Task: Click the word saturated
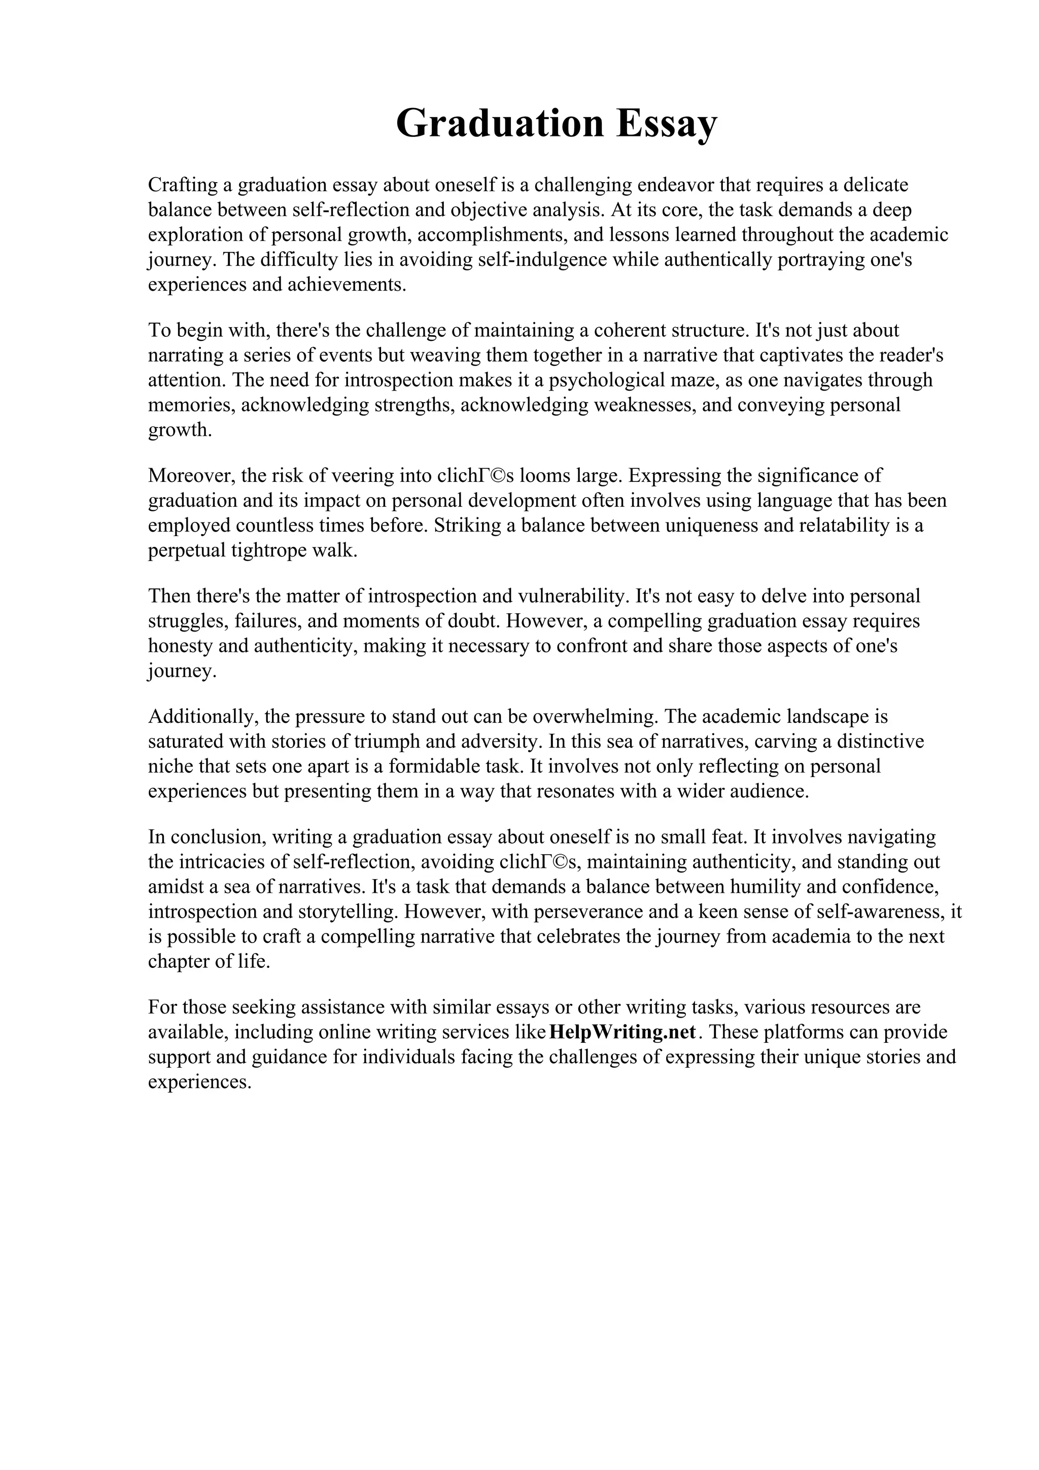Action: pyautogui.click(x=186, y=742)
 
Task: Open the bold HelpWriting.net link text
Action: pyautogui.click(x=622, y=1033)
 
